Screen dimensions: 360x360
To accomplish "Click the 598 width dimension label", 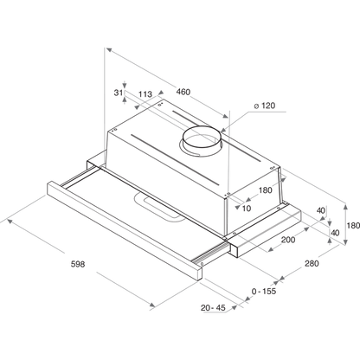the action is (x=78, y=264).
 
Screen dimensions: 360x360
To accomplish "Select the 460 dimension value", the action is (x=183, y=92).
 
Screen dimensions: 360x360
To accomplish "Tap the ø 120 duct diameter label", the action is (x=265, y=106).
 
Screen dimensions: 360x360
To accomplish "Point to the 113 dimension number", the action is (x=145, y=94).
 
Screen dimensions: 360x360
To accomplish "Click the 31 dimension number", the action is (x=118, y=93).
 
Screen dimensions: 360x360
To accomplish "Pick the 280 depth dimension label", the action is (x=312, y=263).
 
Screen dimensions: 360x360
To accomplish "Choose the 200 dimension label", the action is (x=288, y=240).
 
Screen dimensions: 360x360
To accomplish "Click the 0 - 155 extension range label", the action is (x=264, y=292).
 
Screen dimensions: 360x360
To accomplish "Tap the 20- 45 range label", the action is (x=213, y=308).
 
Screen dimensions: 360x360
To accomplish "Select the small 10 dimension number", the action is (x=247, y=209).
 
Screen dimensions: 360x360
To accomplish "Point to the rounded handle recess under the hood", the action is (x=160, y=207).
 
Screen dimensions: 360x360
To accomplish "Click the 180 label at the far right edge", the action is (x=353, y=225).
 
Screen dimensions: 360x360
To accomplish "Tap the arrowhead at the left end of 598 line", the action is (x=10, y=221).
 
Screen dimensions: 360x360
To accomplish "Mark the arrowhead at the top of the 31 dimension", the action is (x=125, y=86).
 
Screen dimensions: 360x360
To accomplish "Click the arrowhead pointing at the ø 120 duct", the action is (x=223, y=131).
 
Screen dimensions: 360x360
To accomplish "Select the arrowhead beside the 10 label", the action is (x=238, y=207).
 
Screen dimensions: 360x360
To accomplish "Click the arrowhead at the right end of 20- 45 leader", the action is (x=235, y=307).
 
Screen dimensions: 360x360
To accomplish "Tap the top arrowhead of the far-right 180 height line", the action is (x=345, y=207).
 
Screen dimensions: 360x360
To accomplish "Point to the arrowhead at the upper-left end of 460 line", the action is (x=108, y=49).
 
